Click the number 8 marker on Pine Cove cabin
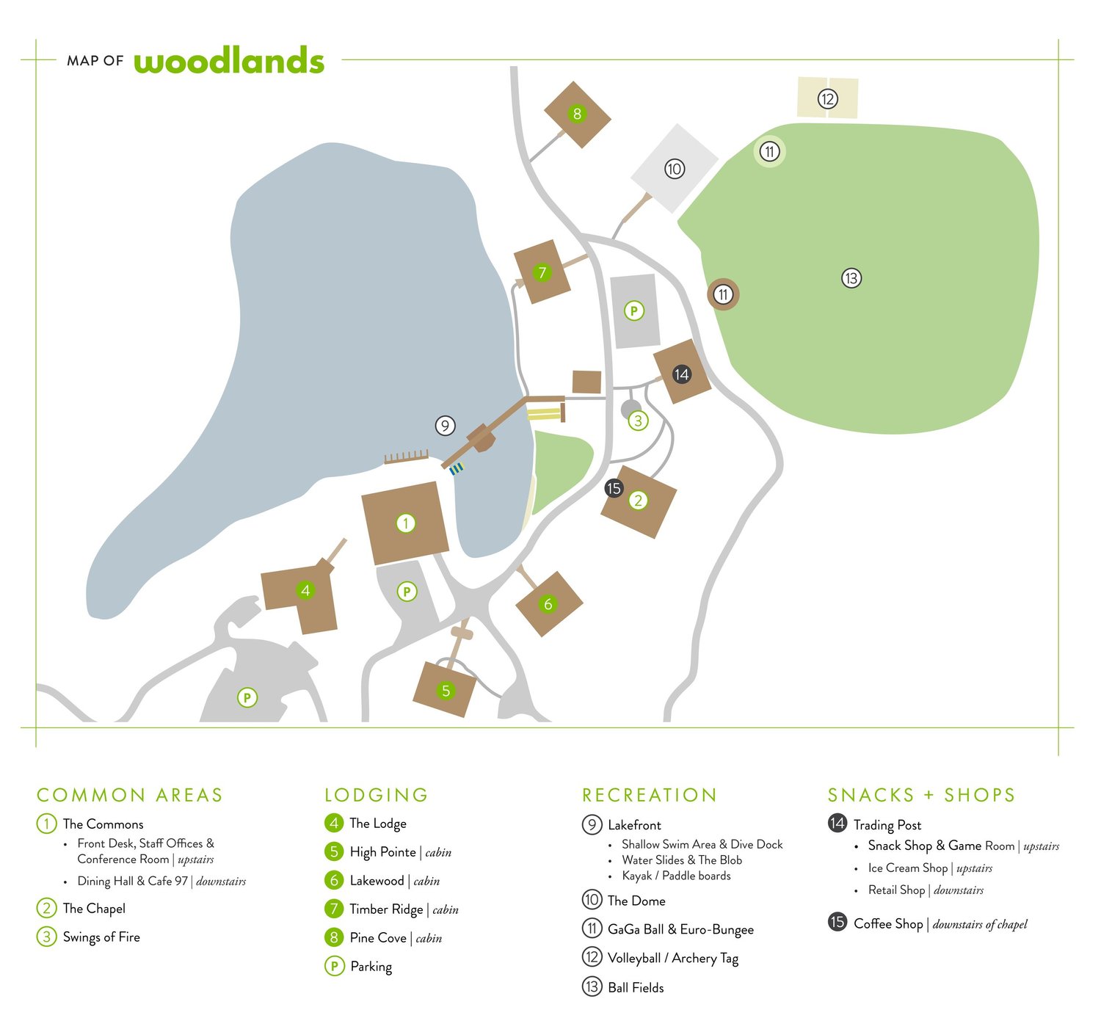(577, 114)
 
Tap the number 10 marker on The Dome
(675, 170)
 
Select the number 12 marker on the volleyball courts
(827, 98)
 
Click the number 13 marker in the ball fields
(851, 278)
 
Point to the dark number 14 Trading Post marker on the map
(681, 374)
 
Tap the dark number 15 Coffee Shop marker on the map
(614, 488)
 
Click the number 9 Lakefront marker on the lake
(445, 426)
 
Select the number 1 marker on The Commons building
(405, 523)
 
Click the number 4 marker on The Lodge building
(305, 590)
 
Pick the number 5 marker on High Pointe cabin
(446, 690)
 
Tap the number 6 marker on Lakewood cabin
(548, 604)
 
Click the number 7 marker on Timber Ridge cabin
(542, 273)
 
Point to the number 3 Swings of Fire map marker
(638, 421)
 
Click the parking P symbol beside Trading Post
(633, 311)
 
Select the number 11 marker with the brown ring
(723, 294)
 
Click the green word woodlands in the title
(228, 61)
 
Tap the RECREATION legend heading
(649, 795)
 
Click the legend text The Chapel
(94, 909)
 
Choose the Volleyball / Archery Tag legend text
(672, 958)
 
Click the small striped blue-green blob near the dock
(457, 468)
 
